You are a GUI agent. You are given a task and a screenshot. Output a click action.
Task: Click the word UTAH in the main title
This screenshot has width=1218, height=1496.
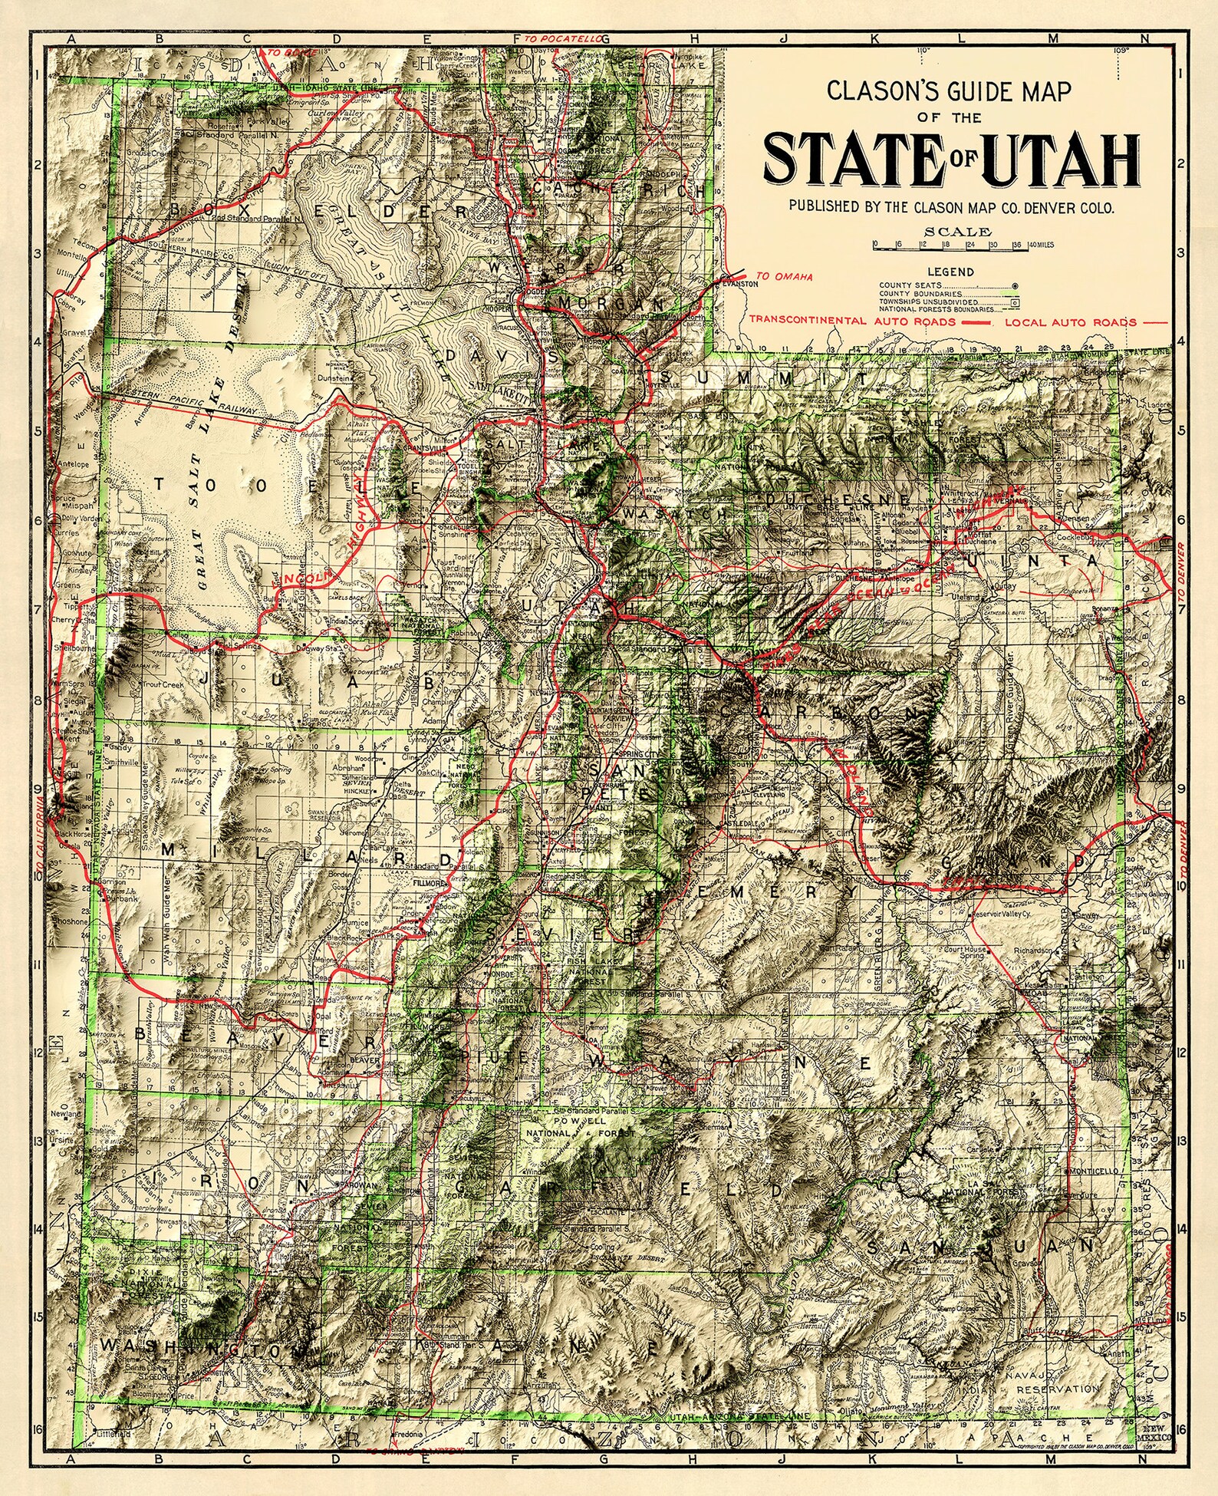click(x=1059, y=161)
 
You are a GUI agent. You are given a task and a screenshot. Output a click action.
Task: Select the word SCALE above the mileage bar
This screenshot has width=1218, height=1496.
click(x=957, y=231)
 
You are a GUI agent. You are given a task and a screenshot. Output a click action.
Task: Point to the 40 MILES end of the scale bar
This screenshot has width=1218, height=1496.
click(x=1040, y=245)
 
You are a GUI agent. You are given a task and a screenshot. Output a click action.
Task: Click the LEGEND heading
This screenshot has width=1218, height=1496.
click(x=950, y=272)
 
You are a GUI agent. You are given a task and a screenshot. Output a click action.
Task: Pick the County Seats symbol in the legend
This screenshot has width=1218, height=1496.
click(x=1014, y=285)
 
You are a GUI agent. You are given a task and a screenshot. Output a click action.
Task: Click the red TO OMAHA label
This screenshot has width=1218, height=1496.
click(x=784, y=276)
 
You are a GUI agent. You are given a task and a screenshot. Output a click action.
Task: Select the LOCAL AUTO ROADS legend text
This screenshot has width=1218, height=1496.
click(x=1070, y=322)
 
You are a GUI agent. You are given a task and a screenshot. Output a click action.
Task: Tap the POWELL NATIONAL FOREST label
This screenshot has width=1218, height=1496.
click(x=578, y=1125)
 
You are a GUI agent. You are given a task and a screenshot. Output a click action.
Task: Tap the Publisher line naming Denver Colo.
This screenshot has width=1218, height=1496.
click(x=950, y=207)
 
